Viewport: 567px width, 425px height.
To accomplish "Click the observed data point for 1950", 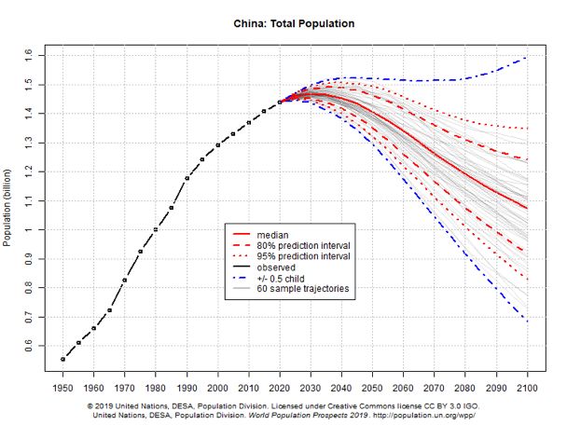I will coord(63,359).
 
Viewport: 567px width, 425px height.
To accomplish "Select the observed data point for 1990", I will coord(187,178).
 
